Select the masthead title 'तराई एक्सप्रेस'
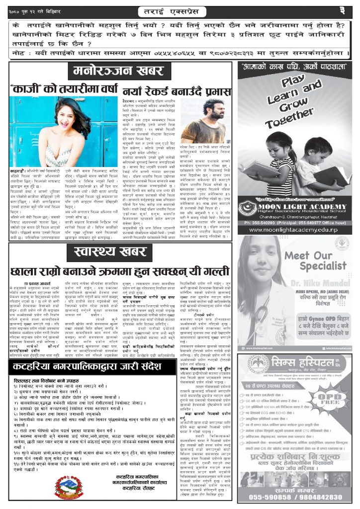[180, 10]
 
